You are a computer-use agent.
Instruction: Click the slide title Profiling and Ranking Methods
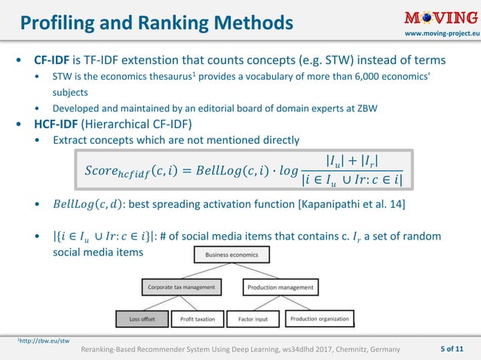click(156, 23)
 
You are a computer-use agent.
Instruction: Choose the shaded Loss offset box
click(142, 319)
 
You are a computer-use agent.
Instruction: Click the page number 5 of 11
click(455, 349)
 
